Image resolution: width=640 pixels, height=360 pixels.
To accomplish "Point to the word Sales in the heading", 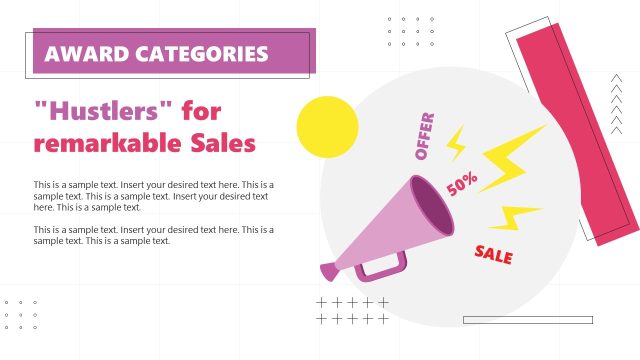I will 223,143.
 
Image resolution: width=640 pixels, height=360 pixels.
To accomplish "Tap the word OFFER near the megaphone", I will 424,137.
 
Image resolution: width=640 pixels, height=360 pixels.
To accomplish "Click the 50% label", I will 462,184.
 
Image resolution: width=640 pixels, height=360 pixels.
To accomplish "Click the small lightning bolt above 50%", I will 456,143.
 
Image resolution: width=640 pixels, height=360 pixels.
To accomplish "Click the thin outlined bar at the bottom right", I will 528,320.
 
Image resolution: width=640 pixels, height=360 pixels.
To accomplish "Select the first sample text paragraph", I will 153,196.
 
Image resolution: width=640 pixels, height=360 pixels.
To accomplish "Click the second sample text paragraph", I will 153,235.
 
